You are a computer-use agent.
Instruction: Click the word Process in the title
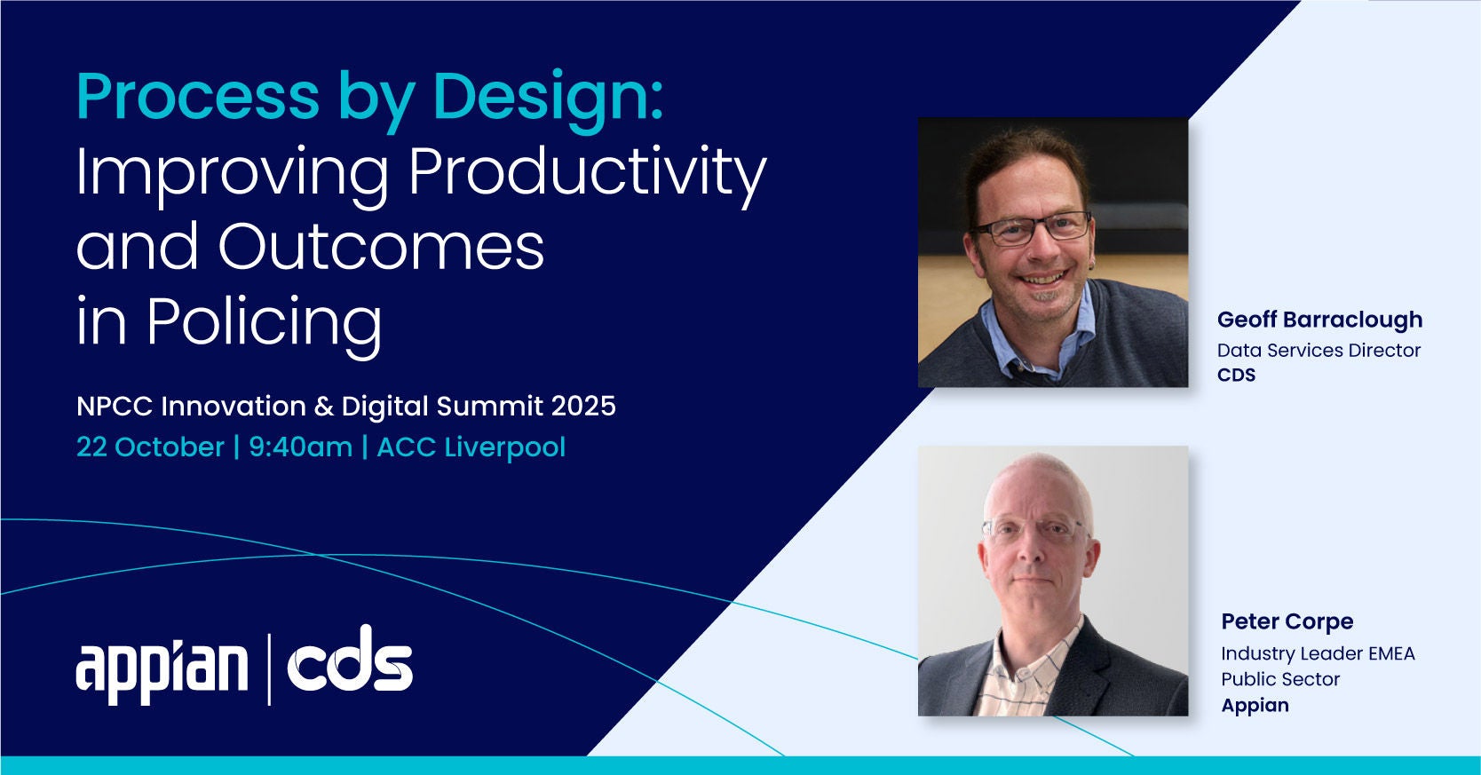(198, 96)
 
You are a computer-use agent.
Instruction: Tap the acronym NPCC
(115, 406)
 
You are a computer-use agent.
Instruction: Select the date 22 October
(150, 447)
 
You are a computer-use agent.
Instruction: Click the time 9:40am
(300, 448)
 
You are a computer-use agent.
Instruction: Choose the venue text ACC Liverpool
(471, 448)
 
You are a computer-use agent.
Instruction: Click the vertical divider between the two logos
(269, 669)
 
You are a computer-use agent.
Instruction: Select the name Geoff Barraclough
(1319, 320)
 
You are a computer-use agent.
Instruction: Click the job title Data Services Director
(1319, 350)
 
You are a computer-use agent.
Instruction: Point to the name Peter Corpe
(1287, 621)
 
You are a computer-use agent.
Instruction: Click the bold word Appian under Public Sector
(1255, 706)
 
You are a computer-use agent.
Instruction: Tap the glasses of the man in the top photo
(1032, 228)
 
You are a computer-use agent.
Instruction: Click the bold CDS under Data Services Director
(1236, 375)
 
